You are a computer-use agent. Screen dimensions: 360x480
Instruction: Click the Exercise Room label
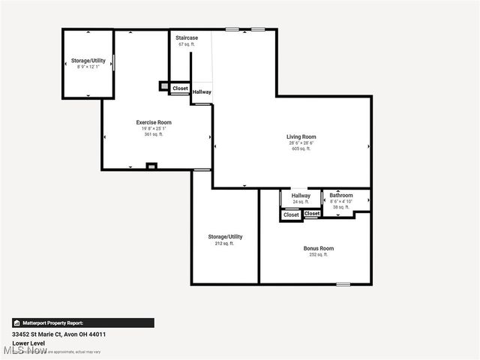(154, 122)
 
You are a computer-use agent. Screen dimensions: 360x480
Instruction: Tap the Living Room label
(301, 136)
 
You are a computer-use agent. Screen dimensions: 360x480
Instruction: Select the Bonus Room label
(318, 248)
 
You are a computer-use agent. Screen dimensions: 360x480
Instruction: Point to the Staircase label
(186, 37)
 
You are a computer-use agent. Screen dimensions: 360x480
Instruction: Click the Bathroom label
(341, 196)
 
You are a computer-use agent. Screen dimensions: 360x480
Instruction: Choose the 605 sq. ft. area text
(301, 148)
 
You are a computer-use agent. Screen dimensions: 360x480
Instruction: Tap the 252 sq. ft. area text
(318, 255)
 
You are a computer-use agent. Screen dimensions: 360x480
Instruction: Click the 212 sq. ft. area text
(225, 243)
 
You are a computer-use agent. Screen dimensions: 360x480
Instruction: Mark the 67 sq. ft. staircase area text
(186, 44)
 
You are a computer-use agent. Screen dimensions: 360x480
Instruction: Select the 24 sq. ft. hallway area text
(301, 202)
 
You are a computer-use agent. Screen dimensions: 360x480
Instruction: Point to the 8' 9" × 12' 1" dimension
(88, 67)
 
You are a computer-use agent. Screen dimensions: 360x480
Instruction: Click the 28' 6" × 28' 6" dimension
(301, 142)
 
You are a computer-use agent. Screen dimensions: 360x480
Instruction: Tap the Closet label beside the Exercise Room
(180, 88)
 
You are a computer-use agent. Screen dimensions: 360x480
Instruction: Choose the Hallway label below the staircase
(202, 92)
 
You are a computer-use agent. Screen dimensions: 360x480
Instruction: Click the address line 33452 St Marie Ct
(58, 334)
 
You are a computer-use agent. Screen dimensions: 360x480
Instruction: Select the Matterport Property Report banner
(82, 322)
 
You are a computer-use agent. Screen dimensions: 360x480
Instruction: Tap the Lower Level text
(28, 343)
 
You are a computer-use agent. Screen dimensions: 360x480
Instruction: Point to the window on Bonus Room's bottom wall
(343, 283)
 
